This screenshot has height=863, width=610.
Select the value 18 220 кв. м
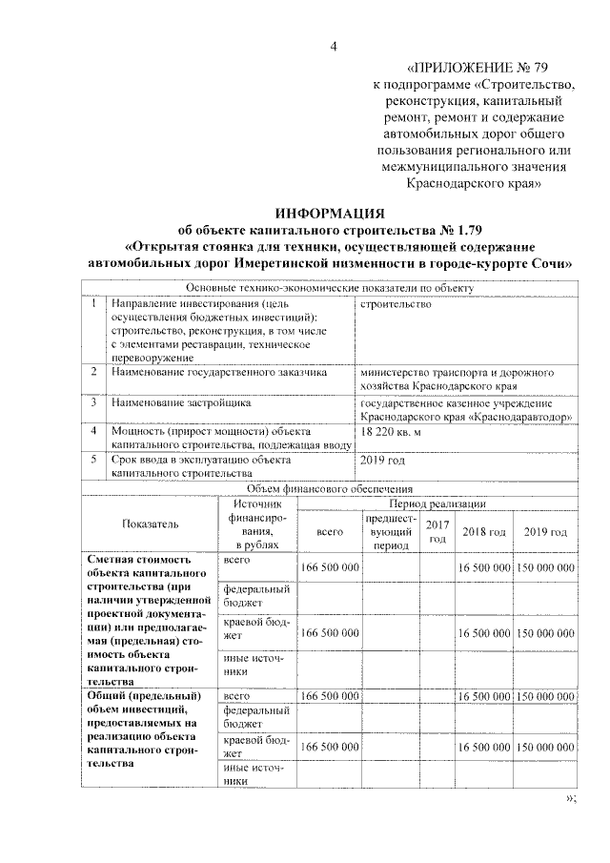[x=391, y=432]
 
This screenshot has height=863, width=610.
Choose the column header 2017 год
[x=437, y=531]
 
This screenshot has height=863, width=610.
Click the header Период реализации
[x=438, y=503]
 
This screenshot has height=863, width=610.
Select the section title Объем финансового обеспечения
[x=329, y=487]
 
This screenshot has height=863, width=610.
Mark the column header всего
[x=329, y=531]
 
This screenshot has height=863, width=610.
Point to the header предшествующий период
[x=391, y=531]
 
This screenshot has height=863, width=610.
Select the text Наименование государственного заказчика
[x=218, y=372]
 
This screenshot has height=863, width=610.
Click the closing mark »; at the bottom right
[x=572, y=797]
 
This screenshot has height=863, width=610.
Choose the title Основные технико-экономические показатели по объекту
[x=329, y=288]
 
